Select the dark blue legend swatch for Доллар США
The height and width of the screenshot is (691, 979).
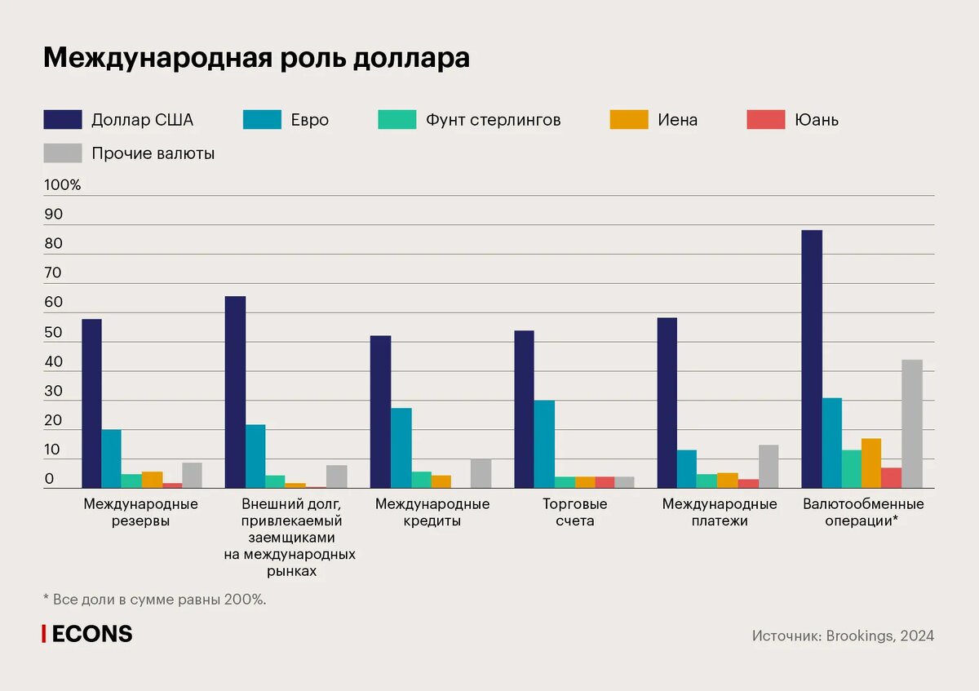(x=63, y=120)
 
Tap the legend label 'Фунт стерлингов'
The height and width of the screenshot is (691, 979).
(x=493, y=120)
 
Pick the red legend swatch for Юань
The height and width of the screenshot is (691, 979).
(x=766, y=120)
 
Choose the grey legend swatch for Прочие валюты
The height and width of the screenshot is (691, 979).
(x=63, y=153)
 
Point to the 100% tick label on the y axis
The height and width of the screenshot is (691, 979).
(x=63, y=185)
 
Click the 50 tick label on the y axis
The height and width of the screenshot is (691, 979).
(x=53, y=333)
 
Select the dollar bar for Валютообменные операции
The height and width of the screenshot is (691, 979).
(x=812, y=359)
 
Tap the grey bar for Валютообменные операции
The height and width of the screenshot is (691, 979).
(x=911, y=424)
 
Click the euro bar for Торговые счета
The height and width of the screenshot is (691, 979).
(x=544, y=445)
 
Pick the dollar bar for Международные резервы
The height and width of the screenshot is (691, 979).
(x=92, y=404)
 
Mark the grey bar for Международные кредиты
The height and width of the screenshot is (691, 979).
(x=481, y=474)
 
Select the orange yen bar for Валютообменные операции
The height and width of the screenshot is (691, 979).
(x=871, y=463)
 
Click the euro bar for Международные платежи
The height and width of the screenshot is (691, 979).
(x=687, y=469)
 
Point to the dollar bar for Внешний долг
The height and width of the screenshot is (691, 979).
(x=235, y=392)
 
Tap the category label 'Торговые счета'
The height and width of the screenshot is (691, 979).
(x=575, y=512)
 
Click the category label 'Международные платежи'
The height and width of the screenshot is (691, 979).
(x=720, y=512)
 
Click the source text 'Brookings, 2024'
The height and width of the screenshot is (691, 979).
(x=879, y=636)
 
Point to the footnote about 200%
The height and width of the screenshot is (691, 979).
(x=155, y=600)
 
